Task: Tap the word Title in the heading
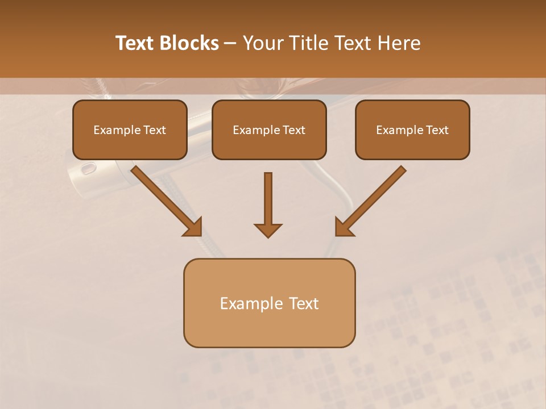click(x=311, y=43)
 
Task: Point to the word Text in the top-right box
click(x=437, y=130)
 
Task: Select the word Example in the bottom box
click(x=251, y=304)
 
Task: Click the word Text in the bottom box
click(x=304, y=304)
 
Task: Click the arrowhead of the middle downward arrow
click(x=268, y=230)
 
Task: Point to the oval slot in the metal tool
click(x=89, y=168)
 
